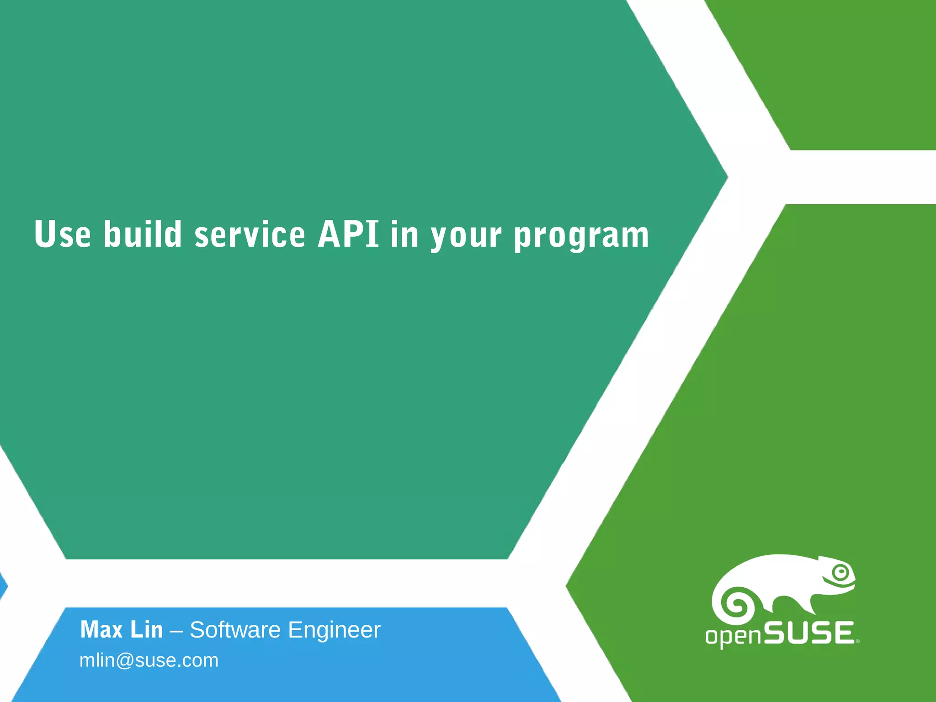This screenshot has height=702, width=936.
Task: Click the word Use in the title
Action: click(x=63, y=234)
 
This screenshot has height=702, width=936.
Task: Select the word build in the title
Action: click(x=143, y=234)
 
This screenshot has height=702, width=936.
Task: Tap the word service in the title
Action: click(x=250, y=234)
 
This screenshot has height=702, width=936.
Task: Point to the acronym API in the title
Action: click(x=348, y=234)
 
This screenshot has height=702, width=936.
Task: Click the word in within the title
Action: click(x=404, y=234)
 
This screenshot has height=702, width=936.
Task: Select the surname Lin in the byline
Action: click(x=147, y=630)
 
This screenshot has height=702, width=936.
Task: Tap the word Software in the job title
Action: click(x=235, y=630)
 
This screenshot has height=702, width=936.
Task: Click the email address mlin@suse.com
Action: click(x=149, y=660)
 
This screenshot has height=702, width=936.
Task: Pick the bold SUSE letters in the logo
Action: click(x=808, y=633)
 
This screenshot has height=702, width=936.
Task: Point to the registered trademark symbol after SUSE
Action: click(x=857, y=641)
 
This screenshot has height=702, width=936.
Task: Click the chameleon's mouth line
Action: click(x=837, y=585)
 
